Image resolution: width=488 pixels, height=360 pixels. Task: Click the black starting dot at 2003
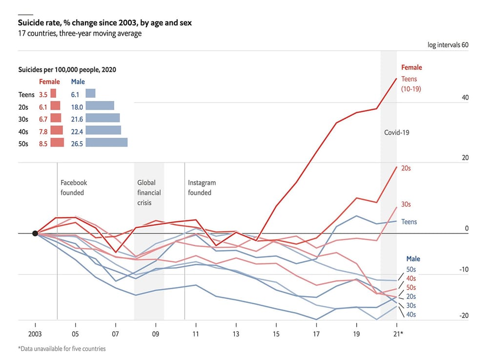[35, 233]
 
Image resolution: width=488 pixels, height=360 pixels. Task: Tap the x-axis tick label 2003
[35, 335]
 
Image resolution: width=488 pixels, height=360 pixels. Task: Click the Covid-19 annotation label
[396, 132]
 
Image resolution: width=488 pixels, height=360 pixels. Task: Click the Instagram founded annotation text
[202, 188]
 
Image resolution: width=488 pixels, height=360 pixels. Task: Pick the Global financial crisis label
[149, 192]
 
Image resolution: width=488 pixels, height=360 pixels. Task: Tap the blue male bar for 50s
[106, 143]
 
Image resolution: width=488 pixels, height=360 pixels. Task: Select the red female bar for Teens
[53, 93]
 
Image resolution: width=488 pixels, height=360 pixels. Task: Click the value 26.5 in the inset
[77, 143]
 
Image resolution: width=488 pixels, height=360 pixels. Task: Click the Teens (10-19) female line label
[410, 84]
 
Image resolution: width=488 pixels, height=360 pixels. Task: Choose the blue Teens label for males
[409, 222]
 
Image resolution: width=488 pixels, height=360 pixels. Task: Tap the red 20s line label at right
[406, 168]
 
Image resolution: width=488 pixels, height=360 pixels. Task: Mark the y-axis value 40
[465, 98]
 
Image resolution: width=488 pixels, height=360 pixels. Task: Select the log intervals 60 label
[448, 45]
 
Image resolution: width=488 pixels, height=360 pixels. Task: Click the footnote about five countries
[61, 349]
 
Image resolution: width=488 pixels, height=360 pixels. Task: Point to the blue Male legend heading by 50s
[413, 259]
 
